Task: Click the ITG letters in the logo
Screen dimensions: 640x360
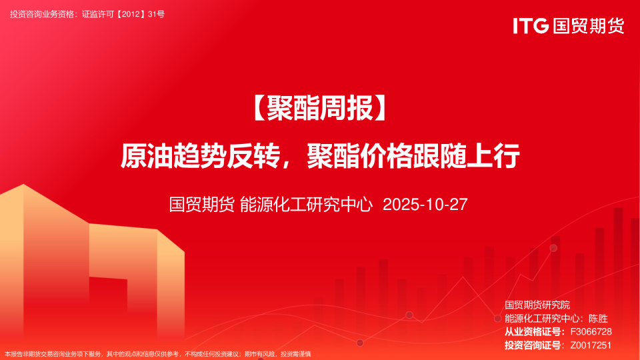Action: tap(531, 26)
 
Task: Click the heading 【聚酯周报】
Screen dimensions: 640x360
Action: tap(319, 108)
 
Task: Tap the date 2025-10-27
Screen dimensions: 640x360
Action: tap(425, 205)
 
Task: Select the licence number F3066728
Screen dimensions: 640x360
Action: tap(591, 332)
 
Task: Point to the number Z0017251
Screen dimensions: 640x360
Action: tap(591, 345)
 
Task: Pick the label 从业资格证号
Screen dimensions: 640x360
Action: tap(532, 332)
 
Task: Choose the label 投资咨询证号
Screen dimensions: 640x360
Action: tap(532, 345)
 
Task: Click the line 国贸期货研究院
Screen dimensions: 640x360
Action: tap(537, 305)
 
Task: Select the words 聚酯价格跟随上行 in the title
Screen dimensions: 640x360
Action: tap(413, 155)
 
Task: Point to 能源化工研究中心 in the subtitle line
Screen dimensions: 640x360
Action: tap(306, 205)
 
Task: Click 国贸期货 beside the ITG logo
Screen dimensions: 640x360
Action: tap(589, 26)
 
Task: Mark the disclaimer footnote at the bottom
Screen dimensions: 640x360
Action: tap(157, 354)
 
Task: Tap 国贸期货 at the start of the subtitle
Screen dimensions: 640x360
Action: tap(201, 205)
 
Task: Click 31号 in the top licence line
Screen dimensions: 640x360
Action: tap(156, 14)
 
